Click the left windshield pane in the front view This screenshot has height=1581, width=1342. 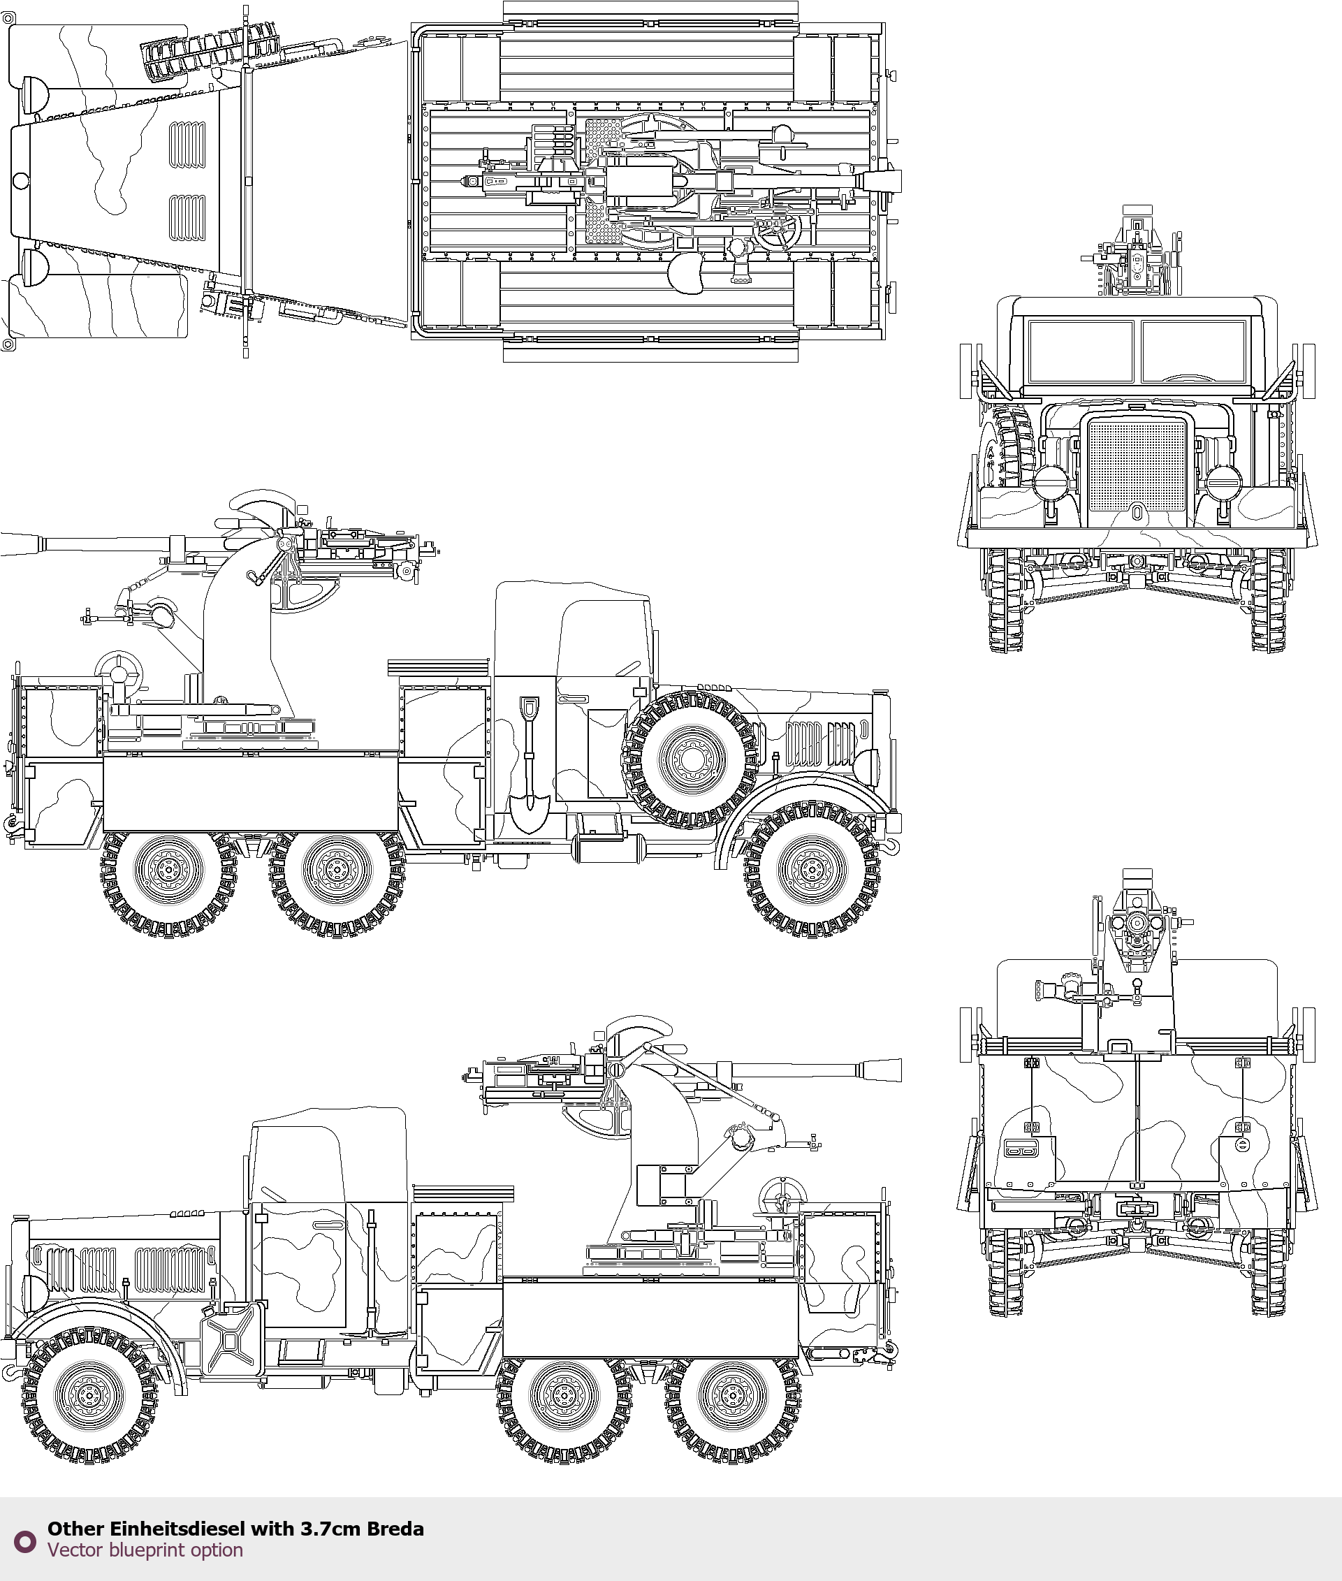[x=1079, y=351]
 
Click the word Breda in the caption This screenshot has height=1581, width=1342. [x=395, y=1529]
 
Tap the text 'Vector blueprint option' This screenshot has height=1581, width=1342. [x=145, y=1550]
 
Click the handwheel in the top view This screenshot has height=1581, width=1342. [x=775, y=233]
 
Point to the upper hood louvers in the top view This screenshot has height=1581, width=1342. [x=187, y=145]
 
